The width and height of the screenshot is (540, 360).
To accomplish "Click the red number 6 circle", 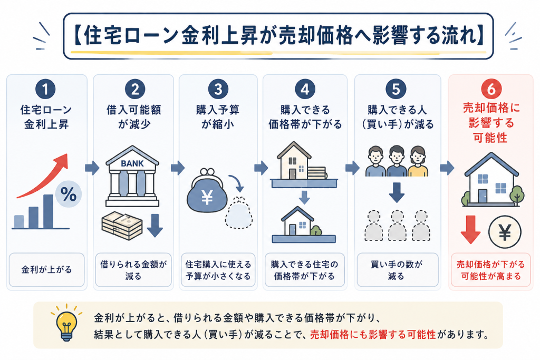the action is point(491,89).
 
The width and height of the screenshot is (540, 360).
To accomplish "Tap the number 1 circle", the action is point(45,89).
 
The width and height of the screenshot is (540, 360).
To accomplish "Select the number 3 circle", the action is point(218,89).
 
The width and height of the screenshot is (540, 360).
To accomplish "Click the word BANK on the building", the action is point(132,163).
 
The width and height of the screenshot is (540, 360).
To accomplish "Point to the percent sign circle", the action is point(68,194).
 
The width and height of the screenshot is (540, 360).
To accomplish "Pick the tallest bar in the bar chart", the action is point(48,211).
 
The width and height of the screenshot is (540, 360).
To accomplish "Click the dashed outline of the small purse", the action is point(239,213).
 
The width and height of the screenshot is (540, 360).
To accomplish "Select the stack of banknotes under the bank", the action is point(122,226).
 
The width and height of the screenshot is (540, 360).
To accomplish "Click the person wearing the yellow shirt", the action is point(418,161).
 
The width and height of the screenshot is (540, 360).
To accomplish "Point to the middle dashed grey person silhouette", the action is point(397,226).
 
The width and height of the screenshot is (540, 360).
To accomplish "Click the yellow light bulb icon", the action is point(66,323).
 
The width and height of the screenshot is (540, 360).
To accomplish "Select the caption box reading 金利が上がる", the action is point(46,269).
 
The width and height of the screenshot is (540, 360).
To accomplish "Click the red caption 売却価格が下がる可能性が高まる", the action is point(491,270).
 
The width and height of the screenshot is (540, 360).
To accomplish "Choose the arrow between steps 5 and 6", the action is point(447,168).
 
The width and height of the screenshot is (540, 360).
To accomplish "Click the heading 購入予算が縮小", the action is point(218,117).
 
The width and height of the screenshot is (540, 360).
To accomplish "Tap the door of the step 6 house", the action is point(482,196).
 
